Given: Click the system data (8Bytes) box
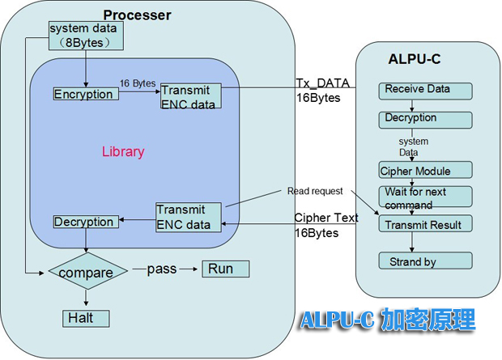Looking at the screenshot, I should (x=84, y=35).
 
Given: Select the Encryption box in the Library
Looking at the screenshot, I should (x=84, y=95).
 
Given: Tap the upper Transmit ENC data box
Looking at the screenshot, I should (x=190, y=96).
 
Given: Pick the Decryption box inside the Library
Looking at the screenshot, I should (x=84, y=222).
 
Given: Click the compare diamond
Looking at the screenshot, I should (x=87, y=273).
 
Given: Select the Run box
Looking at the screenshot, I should (x=225, y=269).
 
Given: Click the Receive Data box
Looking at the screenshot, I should (x=424, y=90).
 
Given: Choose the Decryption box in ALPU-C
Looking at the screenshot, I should (x=424, y=119).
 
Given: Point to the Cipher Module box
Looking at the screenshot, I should (x=426, y=171).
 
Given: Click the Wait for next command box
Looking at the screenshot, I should (x=426, y=197).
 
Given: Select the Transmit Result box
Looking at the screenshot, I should (x=426, y=225).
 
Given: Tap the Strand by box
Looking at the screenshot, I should (x=426, y=261).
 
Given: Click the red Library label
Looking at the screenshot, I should (x=123, y=151).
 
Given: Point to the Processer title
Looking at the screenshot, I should (x=138, y=15).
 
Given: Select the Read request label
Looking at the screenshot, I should (x=314, y=191).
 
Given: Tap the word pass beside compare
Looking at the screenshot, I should (x=162, y=269).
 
